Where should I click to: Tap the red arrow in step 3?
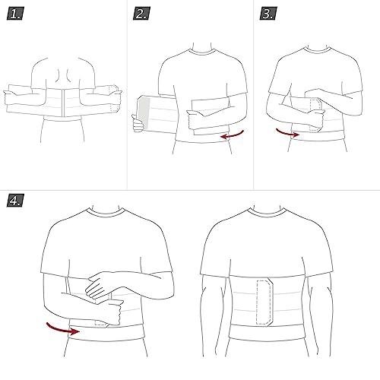287,134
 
